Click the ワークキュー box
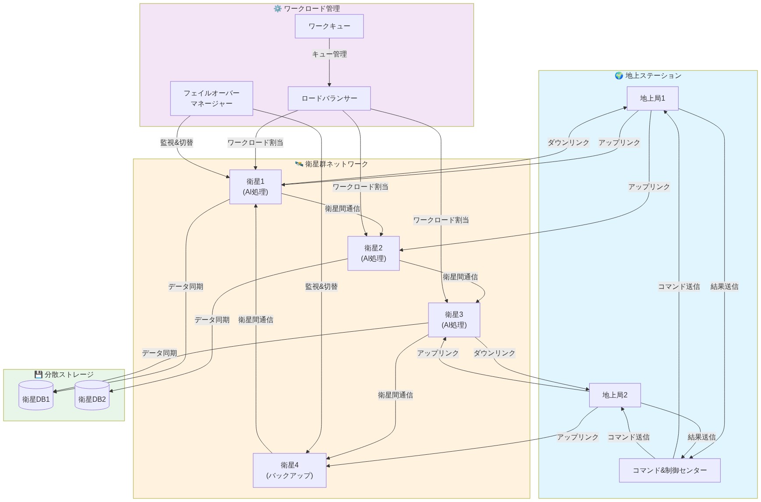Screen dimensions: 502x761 coord(329,26)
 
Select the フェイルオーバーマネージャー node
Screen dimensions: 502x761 coord(212,98)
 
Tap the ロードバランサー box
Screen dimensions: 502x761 coord(329,98)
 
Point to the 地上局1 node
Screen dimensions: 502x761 coord(652,98)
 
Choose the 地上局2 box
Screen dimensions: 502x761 coord(615,395)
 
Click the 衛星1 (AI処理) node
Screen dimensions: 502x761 coord(255,187)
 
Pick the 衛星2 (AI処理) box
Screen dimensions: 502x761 coord(373,253)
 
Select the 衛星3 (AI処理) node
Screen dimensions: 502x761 coord(454,320)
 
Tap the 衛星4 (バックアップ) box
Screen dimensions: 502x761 coord(290,470)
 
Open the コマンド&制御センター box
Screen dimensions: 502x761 coord(669,470)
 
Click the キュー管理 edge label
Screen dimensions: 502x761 coord(329,54)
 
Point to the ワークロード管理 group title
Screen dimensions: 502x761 coord(311,9)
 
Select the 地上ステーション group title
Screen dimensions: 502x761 coord(653,76)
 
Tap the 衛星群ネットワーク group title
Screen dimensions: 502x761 coord(336,164)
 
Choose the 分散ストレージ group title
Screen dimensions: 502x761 coord(69,375)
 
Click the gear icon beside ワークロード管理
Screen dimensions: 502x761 coord(277,9)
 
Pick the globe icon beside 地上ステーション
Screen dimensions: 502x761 coord(619,76)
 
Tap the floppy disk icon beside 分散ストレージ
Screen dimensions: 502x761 coord(39,375)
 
